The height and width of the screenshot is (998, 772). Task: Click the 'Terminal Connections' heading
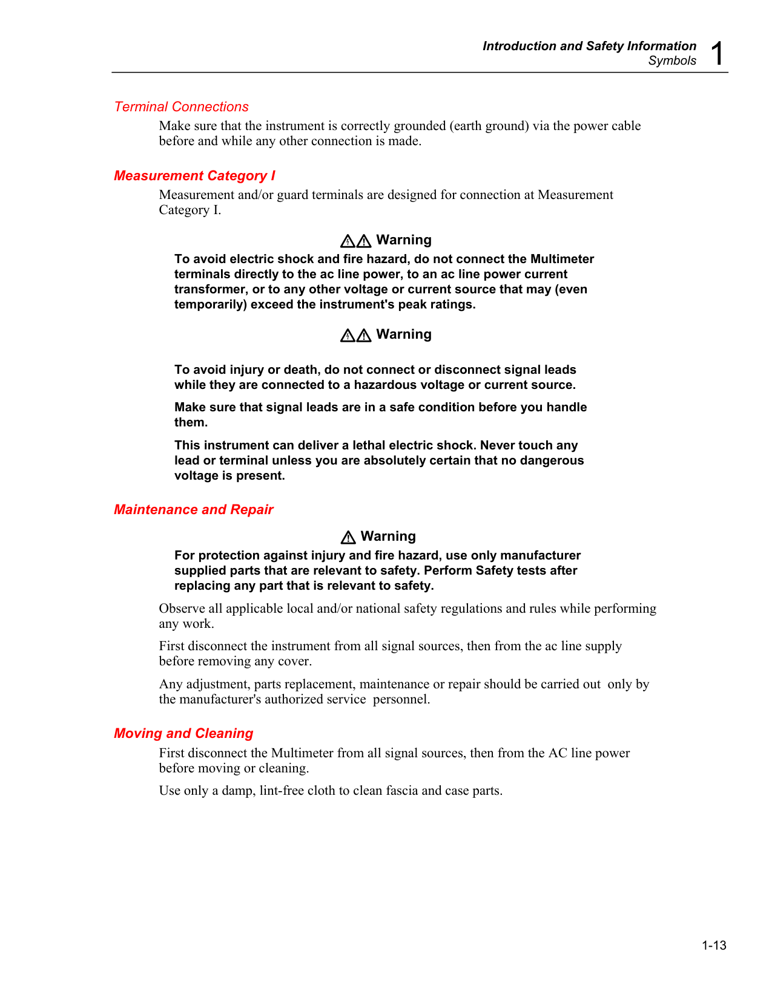(181, 107)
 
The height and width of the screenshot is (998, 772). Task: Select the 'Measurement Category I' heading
(194, 176)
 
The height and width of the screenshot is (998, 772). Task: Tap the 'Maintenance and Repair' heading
(194, 510)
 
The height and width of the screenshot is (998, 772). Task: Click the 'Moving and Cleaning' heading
(183, 734)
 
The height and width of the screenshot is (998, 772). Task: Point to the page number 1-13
(714, 945)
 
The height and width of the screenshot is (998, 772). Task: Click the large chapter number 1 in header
(717, 53)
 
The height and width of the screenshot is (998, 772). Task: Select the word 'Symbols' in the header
(672, 60)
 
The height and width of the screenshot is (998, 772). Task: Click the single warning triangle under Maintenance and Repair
(348, 537)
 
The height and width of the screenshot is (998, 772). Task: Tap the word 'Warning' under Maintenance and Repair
(388, 537)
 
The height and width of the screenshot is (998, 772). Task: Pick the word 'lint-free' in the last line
(282, 791)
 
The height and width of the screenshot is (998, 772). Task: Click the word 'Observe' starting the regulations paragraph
(180, 608)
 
